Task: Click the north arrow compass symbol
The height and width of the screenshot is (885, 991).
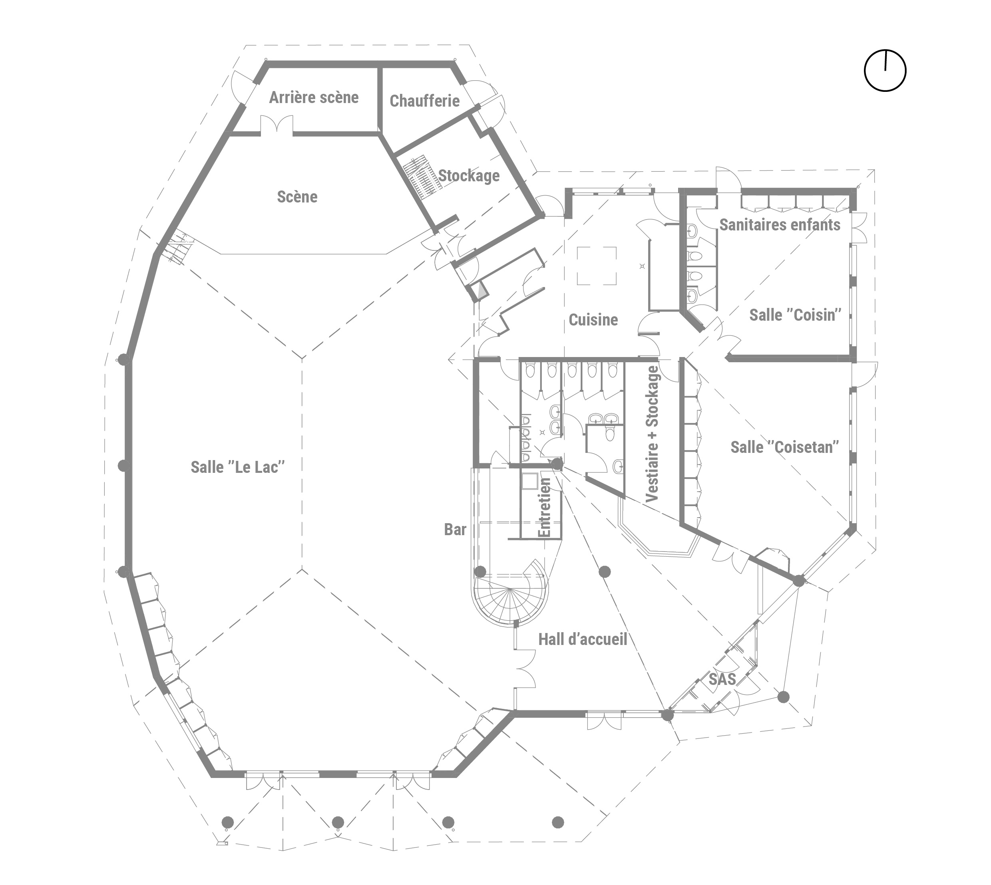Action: [x=885, y=71]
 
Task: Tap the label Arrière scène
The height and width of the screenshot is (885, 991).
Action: [x=314, y=97]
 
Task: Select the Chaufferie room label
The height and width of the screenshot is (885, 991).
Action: [x=424, y=101]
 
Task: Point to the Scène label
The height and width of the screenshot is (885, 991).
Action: [x=297, y=196]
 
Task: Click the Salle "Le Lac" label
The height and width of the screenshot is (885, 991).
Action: [x=237, y=467]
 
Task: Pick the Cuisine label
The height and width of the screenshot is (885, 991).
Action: [x=593, y=319]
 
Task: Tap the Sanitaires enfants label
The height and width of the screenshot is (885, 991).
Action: [x=780, y=225]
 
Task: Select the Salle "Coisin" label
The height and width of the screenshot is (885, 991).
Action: [x=795, y=315]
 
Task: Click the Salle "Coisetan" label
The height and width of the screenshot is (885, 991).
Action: [x=785, y=447]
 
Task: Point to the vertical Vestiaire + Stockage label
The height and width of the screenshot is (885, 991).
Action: [x=651, y=434]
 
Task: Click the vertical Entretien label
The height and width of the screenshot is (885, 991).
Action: [x=544, y=507]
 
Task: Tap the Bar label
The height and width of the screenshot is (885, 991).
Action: [x=455, y=530]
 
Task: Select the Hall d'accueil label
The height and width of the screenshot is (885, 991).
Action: [x=582, y=639]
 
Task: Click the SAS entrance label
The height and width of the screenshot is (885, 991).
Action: [x=722, y=679]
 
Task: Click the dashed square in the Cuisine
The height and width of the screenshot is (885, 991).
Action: [x=597, y=266]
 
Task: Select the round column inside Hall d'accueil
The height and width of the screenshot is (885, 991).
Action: [x=604, y=572]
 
